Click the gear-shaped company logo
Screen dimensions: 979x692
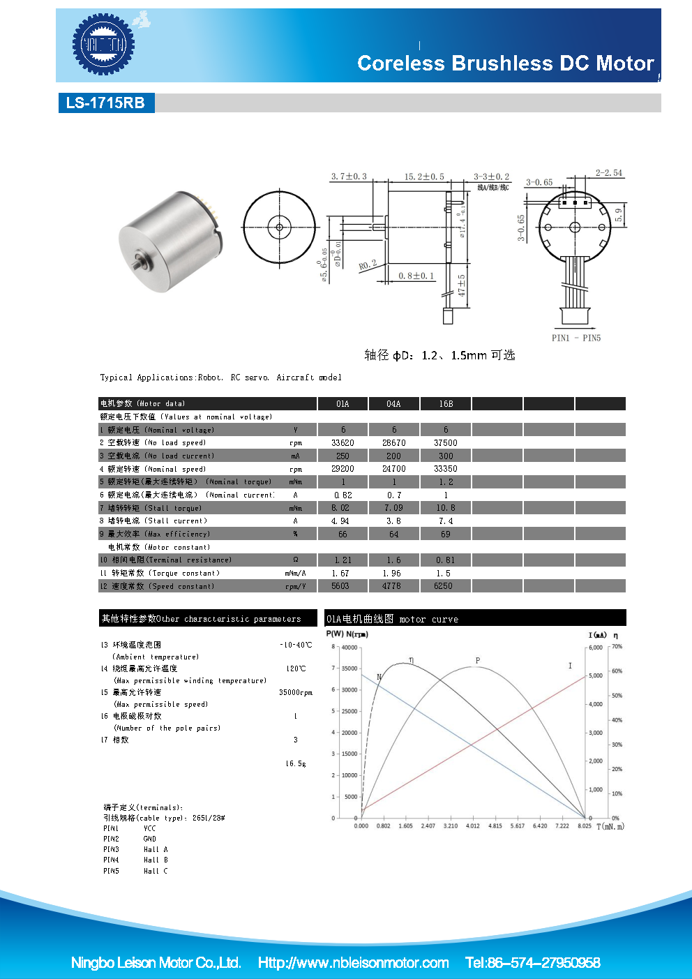coord(103,45)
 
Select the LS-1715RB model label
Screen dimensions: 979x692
coord(105,103)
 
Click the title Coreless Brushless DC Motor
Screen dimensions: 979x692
coord(505,63)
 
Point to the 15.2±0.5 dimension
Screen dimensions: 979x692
coord(424,177)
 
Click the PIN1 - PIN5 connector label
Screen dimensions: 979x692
coord(576,338)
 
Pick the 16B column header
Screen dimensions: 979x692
coord(446,404)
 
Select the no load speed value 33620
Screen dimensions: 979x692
coord(343,443)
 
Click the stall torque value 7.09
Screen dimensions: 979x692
coord(393,508)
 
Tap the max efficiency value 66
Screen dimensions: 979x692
coord(343,535)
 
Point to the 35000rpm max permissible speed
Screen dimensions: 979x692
coord(296,693)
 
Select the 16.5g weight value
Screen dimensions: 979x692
coord(296,763)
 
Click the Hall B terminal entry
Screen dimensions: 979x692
coord(156,860)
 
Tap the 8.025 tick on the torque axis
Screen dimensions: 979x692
coord(585,826)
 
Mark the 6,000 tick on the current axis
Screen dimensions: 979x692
coord(595,648)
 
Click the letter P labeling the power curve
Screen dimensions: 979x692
coord(478,660)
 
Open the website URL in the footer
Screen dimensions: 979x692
coord(353,963)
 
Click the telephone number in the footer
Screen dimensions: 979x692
coord(532,963)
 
